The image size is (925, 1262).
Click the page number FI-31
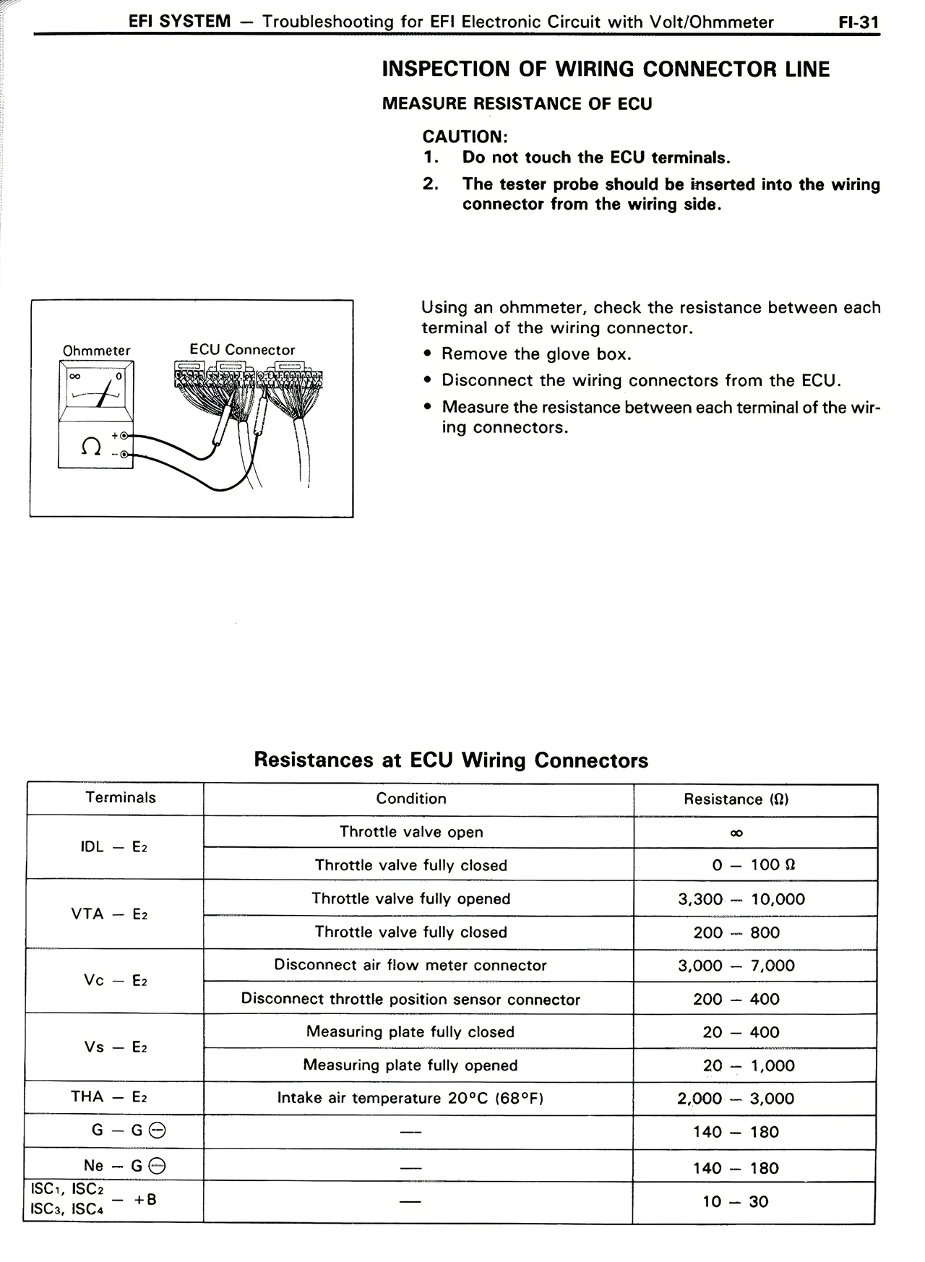coord(858,22)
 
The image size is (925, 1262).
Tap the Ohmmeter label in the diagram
coord(96,351)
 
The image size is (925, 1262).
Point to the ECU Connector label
coord(242,350)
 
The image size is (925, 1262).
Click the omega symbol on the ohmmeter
coord(90,447)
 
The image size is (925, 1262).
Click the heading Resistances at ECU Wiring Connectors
coord(451,760)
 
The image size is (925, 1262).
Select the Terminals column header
coord(120,798)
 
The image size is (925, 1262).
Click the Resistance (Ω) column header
coord(736,799)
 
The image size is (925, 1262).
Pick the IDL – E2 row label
coord(113,847)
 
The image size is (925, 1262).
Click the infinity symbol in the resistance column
coord(736,833)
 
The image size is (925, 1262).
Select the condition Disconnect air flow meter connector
coord(410,966)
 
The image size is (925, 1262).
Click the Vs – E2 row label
coord(115,1047)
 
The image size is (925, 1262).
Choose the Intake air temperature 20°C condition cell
coord(410,1099)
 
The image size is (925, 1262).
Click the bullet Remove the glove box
coord(536,354)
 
